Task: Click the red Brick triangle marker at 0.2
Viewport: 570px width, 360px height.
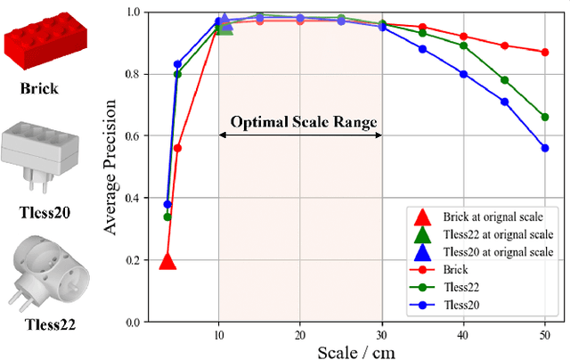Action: [167, 260]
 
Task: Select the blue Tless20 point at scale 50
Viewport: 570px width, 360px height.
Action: [545, 148]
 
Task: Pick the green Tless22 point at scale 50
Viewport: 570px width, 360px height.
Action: [545, 117]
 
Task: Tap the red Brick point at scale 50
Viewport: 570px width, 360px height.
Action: [545, 52]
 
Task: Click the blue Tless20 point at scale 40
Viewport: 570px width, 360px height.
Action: [463, 74]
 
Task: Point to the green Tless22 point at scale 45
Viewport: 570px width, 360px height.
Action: [505, 80]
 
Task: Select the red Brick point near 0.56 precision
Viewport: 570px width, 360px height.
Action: [177, 148]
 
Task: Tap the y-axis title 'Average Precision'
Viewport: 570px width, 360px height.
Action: [111, 166]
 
